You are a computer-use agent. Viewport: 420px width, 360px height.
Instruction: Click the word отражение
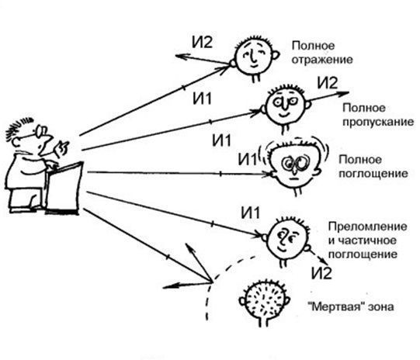coord(322,60)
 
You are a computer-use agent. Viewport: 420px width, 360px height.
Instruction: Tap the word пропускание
coord(378,123)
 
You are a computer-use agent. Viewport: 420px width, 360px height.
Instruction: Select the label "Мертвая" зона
coord(351,306)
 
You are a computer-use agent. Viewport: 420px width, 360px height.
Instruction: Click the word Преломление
coord(367,227)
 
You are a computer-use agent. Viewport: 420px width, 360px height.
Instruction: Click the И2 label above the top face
coord(202,42)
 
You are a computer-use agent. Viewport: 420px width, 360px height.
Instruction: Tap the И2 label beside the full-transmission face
coord(328,82)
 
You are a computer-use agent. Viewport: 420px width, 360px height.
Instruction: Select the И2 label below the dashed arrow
coord(321,273)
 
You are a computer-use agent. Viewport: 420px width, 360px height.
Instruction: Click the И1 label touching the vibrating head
coord(247,159)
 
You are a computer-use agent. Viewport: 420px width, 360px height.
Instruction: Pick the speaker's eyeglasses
coord(40,131)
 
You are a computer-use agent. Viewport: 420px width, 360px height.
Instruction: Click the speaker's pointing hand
coord(61,148)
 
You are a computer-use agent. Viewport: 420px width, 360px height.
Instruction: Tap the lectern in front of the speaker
coord(64,187)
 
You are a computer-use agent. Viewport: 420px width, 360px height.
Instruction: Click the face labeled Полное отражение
coord(253,57)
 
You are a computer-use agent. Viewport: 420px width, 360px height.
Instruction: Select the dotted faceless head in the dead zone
coord(264,301)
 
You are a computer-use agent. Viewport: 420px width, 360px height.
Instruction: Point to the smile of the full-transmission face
coord(284,115)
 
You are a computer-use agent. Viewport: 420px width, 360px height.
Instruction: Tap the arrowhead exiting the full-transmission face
coord(343,94)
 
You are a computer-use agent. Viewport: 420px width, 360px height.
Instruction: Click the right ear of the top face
coord(276,55)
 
